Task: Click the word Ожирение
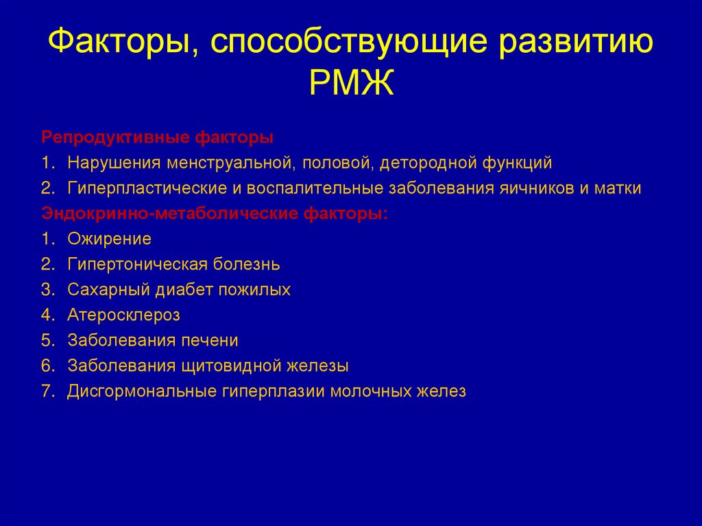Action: (109, 239)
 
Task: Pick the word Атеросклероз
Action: (123, 315)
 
